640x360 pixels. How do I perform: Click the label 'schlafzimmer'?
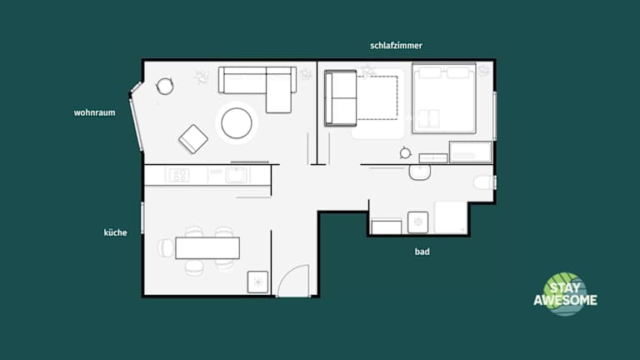396,46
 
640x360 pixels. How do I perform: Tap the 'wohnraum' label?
94,112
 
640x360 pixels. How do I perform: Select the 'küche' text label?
115,232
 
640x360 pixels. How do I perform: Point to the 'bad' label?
422,252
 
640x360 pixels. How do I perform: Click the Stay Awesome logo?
565,294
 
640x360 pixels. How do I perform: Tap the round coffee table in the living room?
237,122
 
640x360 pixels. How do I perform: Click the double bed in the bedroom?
444,98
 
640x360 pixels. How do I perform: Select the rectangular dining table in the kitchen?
207,247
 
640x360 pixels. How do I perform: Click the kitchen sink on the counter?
237,175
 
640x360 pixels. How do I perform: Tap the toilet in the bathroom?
484,182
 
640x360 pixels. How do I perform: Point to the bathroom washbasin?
420,172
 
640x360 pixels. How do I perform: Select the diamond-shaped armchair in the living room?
193,139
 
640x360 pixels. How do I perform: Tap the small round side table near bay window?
165,87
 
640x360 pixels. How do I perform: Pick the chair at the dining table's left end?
166,248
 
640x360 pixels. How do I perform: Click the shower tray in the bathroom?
451,217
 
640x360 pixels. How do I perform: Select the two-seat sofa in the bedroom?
341,98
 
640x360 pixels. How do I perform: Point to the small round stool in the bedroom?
405,153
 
